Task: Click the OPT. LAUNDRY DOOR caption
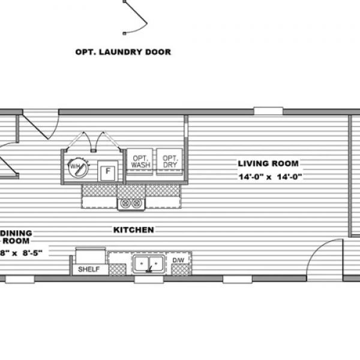pos(122,52)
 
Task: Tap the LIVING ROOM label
pos(268,163)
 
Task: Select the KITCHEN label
pos(133,230)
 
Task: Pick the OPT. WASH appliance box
pos(140,160)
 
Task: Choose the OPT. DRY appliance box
pos(169,160)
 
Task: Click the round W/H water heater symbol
pos(77,167)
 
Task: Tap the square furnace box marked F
pos(107,170)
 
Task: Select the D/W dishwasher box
pos(180,260)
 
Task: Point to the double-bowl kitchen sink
pos(149,262)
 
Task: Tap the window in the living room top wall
pos(268,111)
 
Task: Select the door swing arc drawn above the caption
pos(139,18)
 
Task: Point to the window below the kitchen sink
pos(144,279)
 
